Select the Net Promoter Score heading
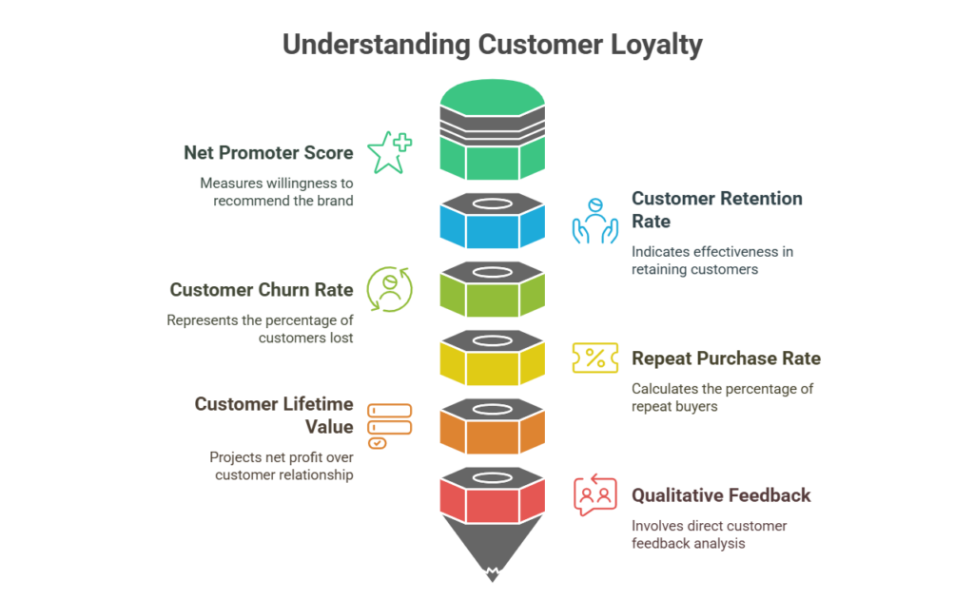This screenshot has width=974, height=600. pos(269,152)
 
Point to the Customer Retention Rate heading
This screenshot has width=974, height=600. pos(716,209)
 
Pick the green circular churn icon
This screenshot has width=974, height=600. pos(389,287)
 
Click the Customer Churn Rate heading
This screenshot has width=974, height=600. pos(263,289)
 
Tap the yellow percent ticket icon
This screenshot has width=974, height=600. pos(594,358)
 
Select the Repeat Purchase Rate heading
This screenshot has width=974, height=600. pos(726,358)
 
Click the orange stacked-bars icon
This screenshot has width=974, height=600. pos(389,425)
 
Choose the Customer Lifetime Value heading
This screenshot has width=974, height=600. pos(275,416)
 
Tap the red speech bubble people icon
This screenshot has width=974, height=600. pos(594,495)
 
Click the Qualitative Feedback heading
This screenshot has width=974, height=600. pos(721,495)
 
